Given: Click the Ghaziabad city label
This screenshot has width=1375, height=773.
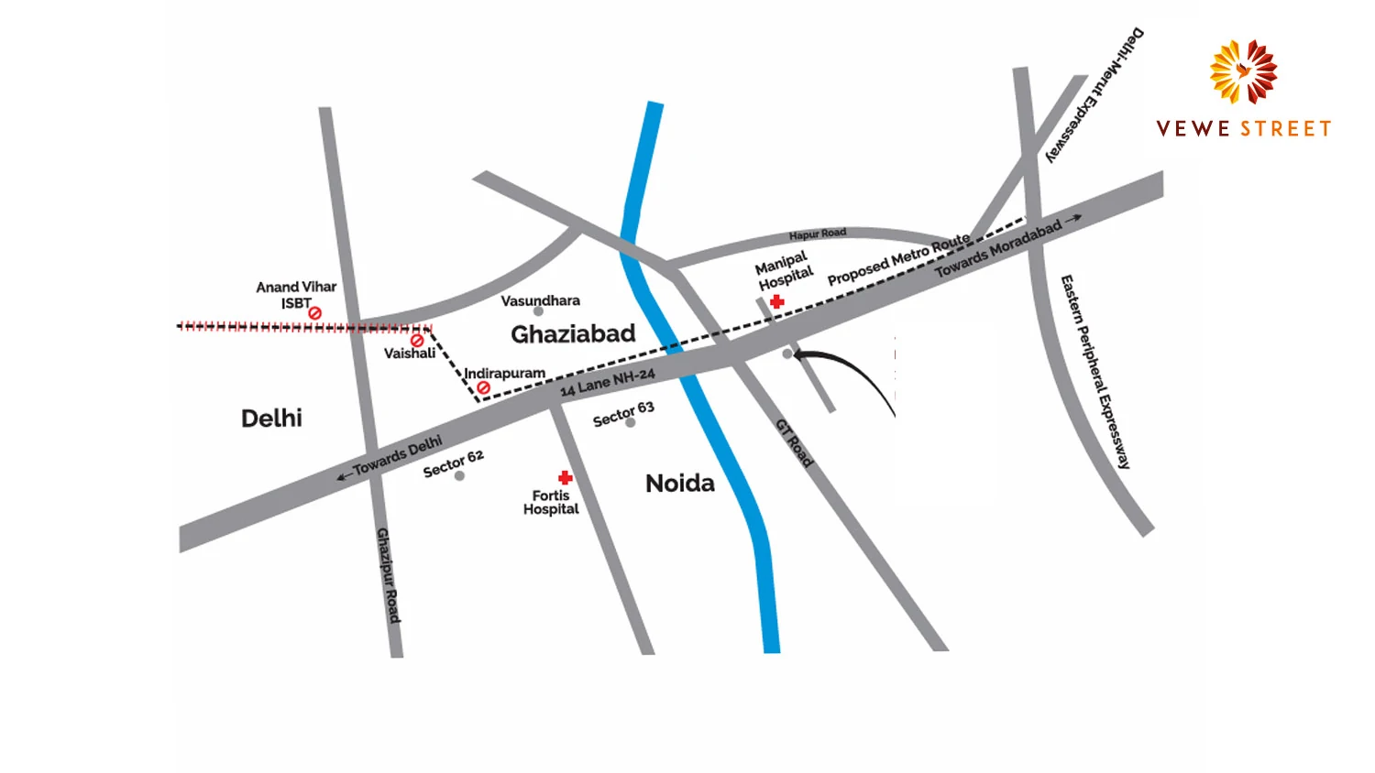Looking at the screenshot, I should coord(573,334).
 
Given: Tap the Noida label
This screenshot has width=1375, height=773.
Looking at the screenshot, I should coord(679,484).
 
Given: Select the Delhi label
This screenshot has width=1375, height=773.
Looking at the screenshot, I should coord(271,419).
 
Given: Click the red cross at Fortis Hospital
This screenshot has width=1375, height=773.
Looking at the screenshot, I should coord(566,477).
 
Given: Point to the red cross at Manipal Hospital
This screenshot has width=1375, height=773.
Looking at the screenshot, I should coord(777,301).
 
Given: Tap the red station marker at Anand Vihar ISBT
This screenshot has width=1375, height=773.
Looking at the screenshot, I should coord(315,313).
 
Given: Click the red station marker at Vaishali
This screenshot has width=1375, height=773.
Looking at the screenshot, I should coord(417,340).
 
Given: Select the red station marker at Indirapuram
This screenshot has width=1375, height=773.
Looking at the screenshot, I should coord(483,388).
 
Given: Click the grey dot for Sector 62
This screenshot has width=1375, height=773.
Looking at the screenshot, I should coord(459,476).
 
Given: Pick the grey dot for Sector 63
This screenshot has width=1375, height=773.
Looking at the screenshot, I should coord(631,422).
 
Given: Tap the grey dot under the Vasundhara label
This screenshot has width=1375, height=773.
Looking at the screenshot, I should coord(538,311).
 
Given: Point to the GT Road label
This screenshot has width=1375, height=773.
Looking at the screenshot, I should coord(794,443).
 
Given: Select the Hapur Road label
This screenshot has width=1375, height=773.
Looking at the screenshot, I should coord(818,234).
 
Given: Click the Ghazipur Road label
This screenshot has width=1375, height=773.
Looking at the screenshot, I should coord(389,575).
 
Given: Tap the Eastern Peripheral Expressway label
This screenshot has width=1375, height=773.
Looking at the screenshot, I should coord(1094,371).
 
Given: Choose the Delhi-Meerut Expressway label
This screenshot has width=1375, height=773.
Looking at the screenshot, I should coord(1094,95).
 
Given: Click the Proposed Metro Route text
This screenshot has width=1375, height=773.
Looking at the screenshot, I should coord(898,259).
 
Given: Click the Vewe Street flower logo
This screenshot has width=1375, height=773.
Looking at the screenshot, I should coord(1243,71).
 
